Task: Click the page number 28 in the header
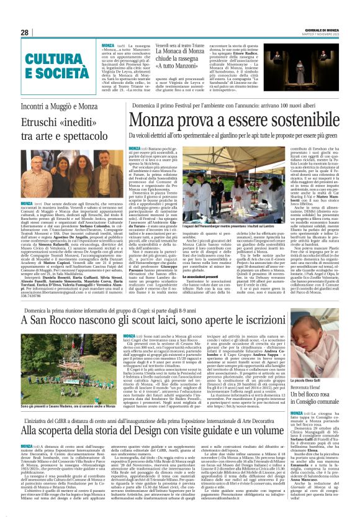25,32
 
